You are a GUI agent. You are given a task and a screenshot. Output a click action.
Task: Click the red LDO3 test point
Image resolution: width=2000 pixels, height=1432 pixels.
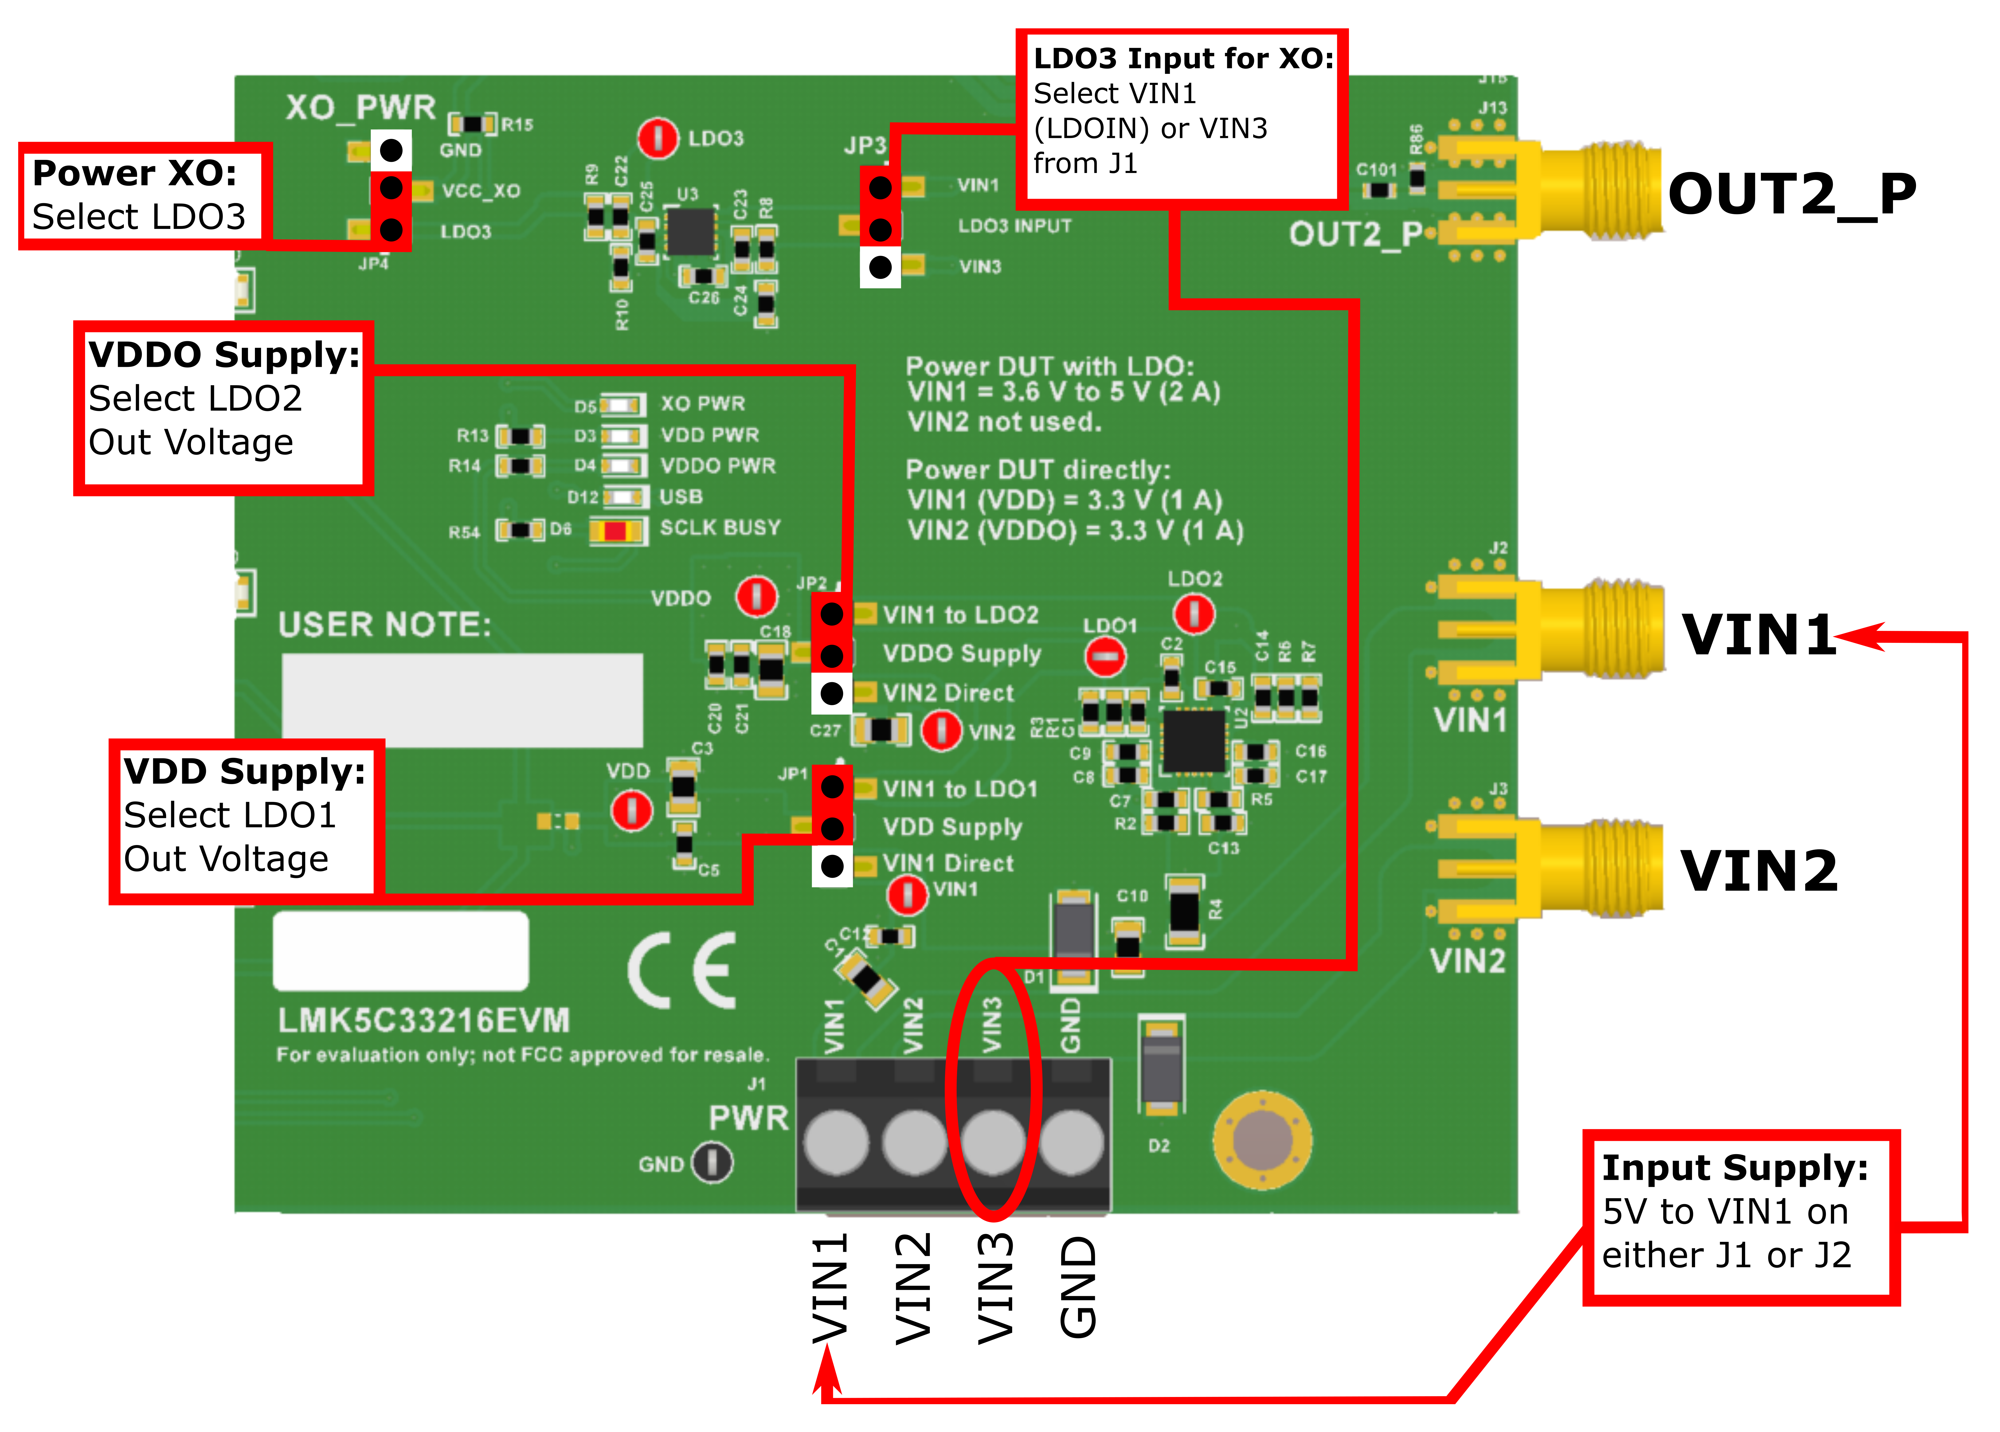point(657,139)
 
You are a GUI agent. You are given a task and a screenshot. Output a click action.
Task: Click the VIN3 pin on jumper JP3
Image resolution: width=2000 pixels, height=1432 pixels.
point(880,267)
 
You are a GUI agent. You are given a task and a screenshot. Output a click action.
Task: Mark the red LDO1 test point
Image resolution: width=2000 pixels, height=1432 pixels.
point(1105,657)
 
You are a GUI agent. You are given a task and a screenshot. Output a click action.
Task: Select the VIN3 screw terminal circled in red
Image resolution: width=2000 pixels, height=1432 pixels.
point(993,1142)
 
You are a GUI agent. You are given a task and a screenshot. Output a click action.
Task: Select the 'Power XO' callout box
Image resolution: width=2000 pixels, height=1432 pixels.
point(141,196)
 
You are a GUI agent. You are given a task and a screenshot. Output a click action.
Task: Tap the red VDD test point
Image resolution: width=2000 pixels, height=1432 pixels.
point(631,810)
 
